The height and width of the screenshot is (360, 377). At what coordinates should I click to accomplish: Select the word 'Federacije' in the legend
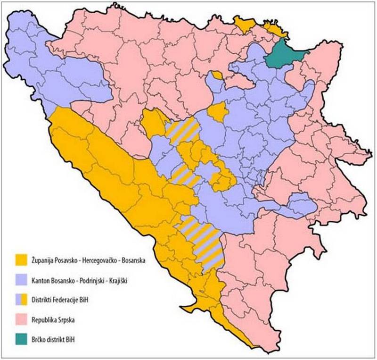pyautogui.click(x=73, y=300)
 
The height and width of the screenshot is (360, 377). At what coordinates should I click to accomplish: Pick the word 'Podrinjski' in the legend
pyautogui.click(x=92, y=280)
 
